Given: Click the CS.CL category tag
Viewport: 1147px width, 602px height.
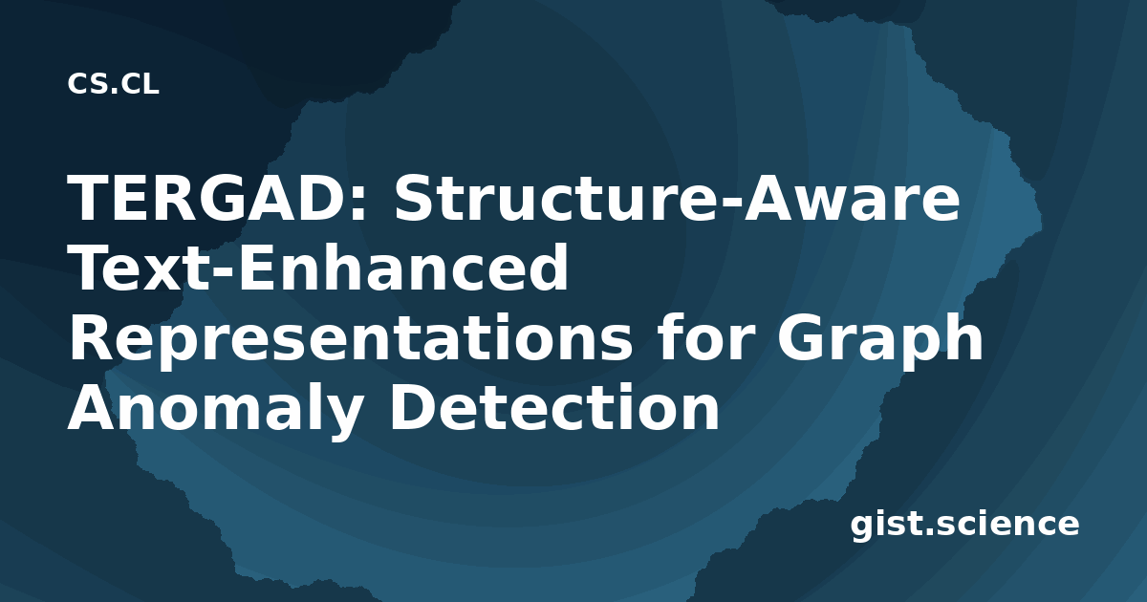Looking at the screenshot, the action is coord(113,83).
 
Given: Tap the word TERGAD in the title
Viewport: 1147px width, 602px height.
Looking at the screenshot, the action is coord(205,198).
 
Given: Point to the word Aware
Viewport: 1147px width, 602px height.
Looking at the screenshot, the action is coord(851,198).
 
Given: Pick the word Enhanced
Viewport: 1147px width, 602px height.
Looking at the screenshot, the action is coord(402,268).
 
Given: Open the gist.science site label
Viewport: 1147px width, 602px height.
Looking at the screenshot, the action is coord(964,525).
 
